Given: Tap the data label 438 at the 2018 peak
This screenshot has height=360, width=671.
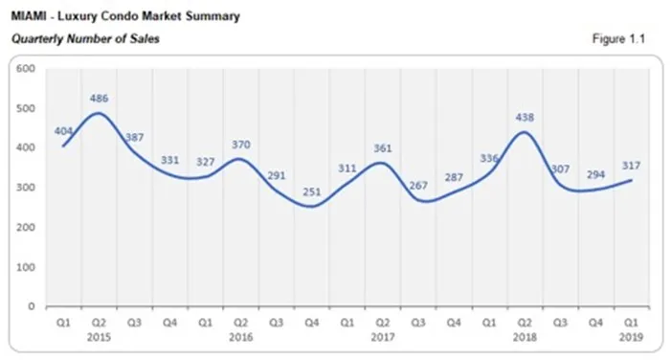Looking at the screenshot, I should pos(525,118).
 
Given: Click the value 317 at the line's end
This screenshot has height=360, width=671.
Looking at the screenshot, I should pos(631,166).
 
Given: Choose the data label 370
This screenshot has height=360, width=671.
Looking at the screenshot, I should pos(242,145).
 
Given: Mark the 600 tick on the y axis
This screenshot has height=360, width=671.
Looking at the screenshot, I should pos(26,69).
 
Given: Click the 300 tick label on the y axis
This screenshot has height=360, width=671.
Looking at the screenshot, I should pos(26,188).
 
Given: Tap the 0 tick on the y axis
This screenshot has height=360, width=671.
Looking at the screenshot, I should pos(32,306).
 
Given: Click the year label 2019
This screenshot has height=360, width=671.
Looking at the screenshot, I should pos(631,338).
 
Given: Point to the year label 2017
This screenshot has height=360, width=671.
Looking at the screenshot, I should pos(382,338).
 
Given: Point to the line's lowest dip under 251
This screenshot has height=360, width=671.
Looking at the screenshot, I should pos(313,207).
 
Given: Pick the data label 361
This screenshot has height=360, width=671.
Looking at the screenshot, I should pos(382,147).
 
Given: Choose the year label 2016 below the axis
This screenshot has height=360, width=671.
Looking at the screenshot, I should pos(242,338).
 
